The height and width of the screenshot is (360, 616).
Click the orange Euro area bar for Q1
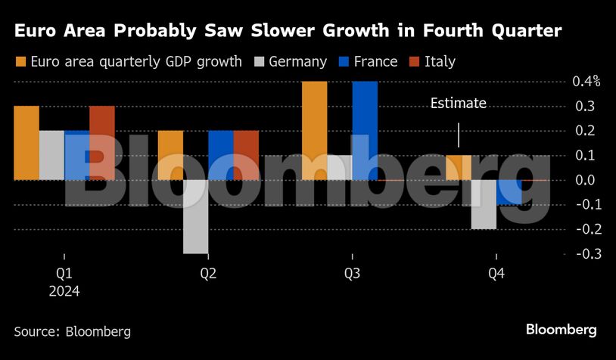[26, 143]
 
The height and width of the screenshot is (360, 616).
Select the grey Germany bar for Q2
[195, 216]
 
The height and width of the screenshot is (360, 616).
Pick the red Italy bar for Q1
[102, 143]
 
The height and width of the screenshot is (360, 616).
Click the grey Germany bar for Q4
[484, 204]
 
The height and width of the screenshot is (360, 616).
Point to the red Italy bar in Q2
[246, 155]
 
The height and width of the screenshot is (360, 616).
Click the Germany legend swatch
[261, 62]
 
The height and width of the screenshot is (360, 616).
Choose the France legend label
[375, 62]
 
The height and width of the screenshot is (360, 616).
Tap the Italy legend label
[440, 62]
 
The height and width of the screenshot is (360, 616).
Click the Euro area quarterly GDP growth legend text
[136, 62]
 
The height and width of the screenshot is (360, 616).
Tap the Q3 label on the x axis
[353, 274]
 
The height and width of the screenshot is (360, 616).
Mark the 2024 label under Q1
[64, 291]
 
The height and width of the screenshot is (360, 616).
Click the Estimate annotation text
[458, 104]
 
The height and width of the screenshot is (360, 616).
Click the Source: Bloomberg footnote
[73, 331]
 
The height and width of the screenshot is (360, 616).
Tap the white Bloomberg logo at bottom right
[562, 330]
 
